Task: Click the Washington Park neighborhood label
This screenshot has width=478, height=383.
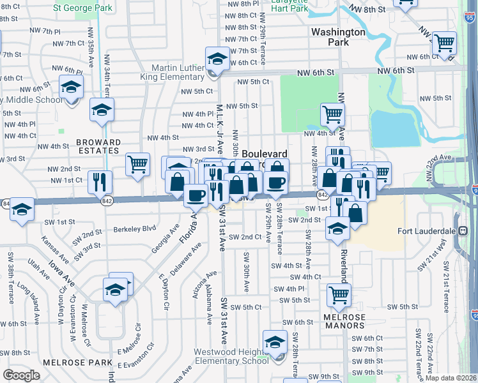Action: click(338, 36)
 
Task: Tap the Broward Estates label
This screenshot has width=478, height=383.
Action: click(98, 146)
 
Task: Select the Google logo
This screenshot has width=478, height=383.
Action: click(21, 375)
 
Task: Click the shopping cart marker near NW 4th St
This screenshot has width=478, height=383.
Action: click(332, 116)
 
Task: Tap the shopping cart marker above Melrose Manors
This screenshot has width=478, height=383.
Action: click(339, 295)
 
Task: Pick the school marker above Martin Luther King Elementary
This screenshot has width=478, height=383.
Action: click(217, 59)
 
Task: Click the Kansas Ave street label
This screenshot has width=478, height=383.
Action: click(53, 248)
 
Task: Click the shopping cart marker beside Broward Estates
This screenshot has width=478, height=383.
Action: click(137, 165)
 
